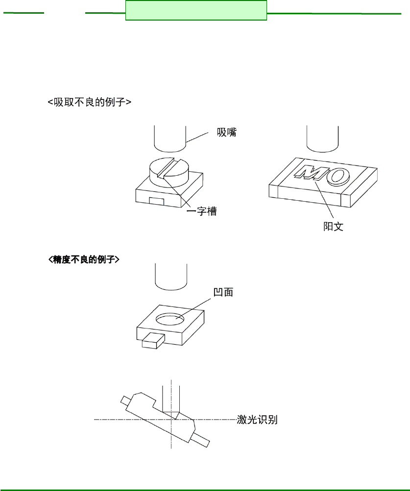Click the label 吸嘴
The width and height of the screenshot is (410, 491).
[x=227, y=133]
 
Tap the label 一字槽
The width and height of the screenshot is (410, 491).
[x=202, y=212]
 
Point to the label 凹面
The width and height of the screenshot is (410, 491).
[x=223, y=292]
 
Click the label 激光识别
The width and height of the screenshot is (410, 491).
[x=257, y=420]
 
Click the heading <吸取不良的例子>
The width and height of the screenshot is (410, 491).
[x=90, y=102]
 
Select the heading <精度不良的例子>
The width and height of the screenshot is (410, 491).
[x=84, y=259]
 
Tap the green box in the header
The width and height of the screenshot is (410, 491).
[x=196, y=10]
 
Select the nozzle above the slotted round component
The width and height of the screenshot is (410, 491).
[x=169, y=139]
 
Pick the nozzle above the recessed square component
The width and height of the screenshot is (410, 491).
[x=170, y=277]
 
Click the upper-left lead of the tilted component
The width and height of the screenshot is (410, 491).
[x=125, y=401]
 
